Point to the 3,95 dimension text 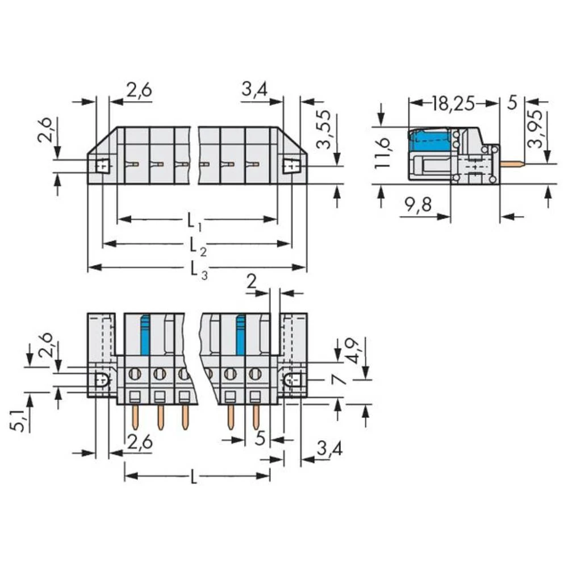point(535,129)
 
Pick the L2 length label point(196,245)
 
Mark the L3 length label point(196,268)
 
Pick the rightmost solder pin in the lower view point(256,417)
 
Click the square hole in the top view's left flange point(102,166)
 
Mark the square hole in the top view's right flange point(291,166)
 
